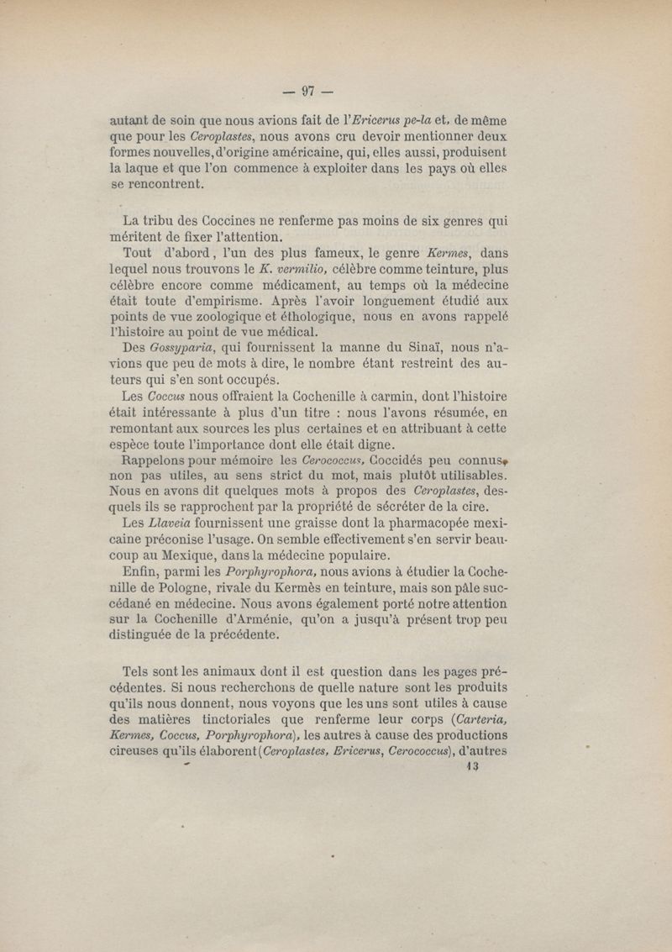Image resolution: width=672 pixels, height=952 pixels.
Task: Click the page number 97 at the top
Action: [x=307, y=88]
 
